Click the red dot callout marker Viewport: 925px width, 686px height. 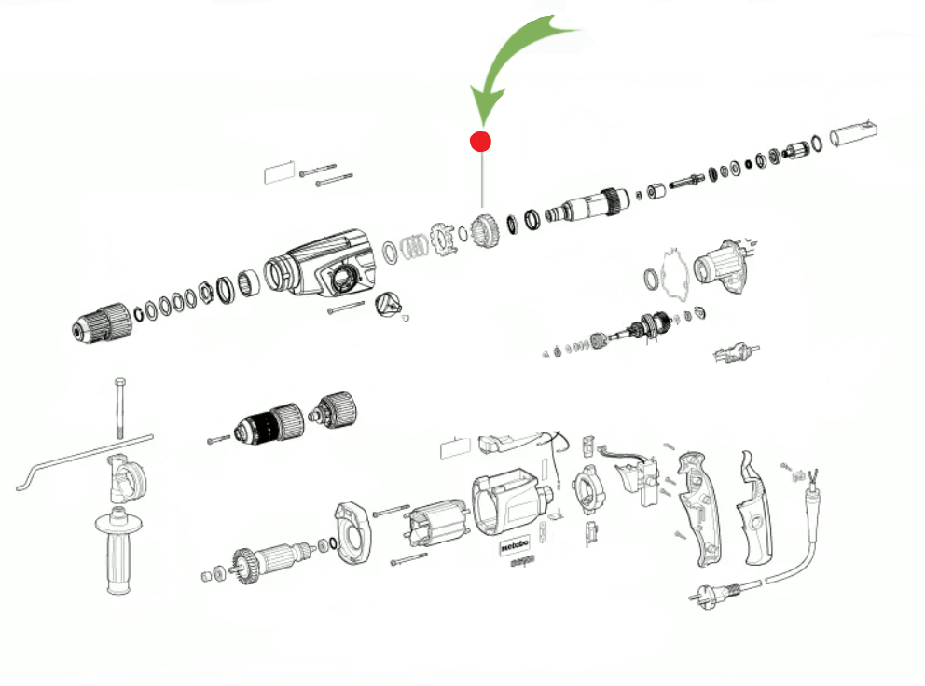pyautogui.click(x=480, y=142)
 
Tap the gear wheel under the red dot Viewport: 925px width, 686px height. pyautogui.click(x=483, y=230)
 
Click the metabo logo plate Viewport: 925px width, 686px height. pyautogui.click(x=518, y=547)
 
